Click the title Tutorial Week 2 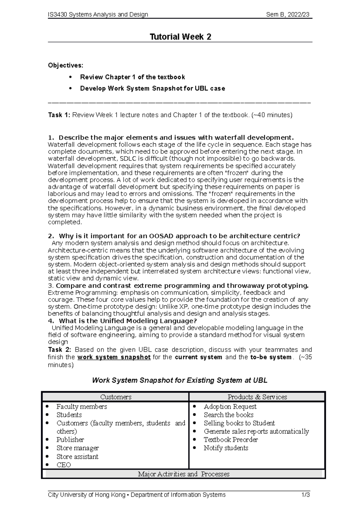180,37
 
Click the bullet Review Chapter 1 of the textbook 132,77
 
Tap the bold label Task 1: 59,115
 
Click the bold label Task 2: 60,350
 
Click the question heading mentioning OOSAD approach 179,236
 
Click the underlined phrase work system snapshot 114,357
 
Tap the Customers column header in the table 116,397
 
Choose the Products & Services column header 257,397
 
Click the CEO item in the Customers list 64,465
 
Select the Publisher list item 70,439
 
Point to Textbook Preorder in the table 231,439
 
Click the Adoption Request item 230,406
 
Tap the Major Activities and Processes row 183,474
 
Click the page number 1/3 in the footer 306,495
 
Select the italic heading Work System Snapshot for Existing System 179,380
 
